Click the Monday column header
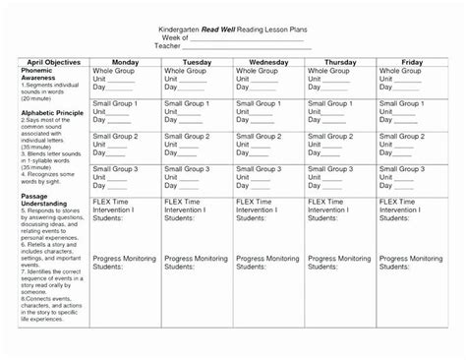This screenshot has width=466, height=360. point(126,60)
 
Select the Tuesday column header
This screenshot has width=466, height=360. point(197,60)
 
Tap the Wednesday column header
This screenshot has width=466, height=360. point(267,60)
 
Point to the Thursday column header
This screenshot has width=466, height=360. point(339,60)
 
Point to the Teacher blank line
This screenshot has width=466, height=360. point(264,46)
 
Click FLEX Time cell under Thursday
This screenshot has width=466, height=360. point(339,222)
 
